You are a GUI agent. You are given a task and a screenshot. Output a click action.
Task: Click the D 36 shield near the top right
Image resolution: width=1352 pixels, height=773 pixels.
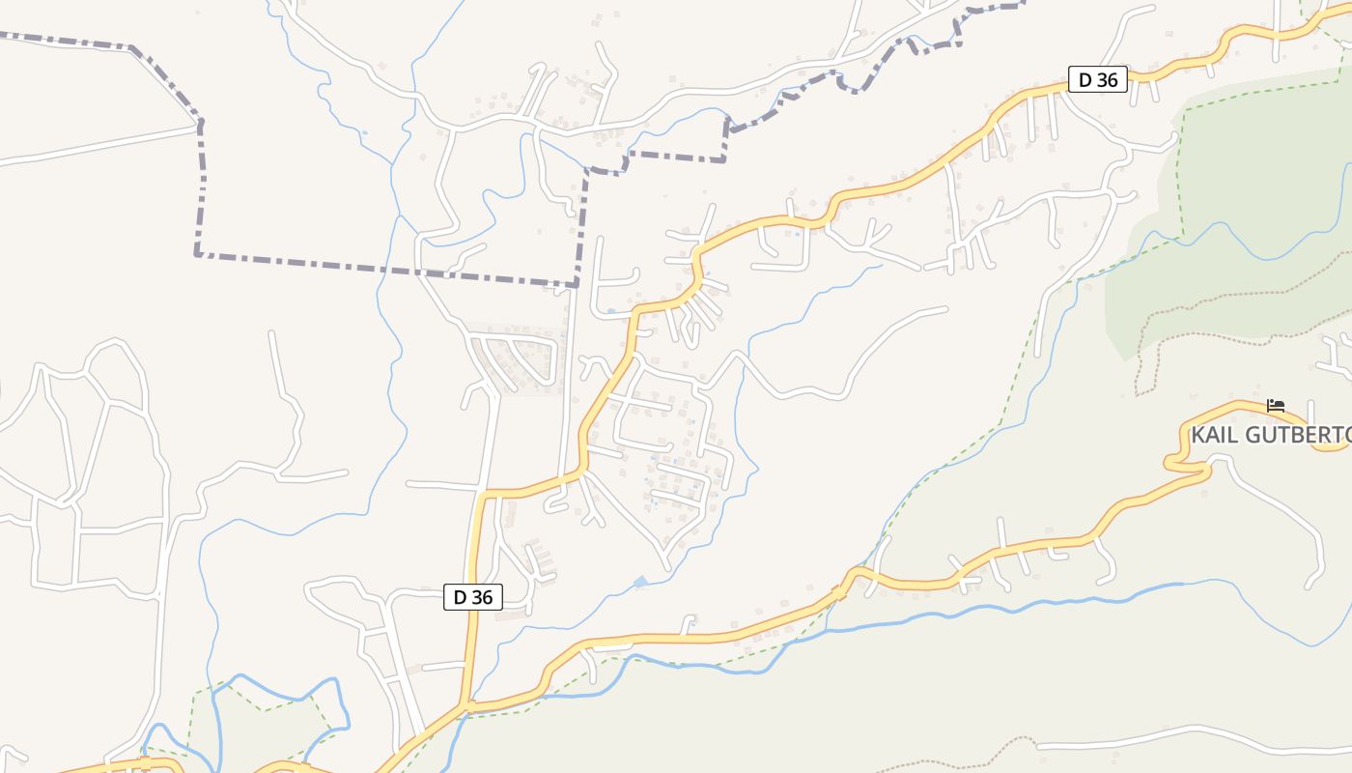[1098, 79]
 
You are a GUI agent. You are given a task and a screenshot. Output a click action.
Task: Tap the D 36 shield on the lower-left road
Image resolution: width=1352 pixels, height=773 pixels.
[473, 597]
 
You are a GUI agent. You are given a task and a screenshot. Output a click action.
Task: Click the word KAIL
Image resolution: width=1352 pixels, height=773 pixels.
[1213, 435]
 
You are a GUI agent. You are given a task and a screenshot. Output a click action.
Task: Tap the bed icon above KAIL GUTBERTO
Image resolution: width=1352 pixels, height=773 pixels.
[1276, 406]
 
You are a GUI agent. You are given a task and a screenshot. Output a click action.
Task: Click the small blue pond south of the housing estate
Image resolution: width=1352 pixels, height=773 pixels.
[639, 582]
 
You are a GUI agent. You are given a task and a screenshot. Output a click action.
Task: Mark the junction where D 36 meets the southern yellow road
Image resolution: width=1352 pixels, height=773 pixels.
[467, 708]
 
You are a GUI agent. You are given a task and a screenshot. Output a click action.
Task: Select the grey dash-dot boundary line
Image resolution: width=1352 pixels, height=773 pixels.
[386, 268]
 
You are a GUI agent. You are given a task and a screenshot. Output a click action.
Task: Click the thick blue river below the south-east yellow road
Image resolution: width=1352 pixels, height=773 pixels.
[966, 612]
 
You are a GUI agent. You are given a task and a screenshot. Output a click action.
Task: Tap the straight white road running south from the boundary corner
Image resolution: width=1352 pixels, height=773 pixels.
[567, 386]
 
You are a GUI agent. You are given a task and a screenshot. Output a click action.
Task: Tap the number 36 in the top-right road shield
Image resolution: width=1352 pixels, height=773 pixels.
[1108, 79]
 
